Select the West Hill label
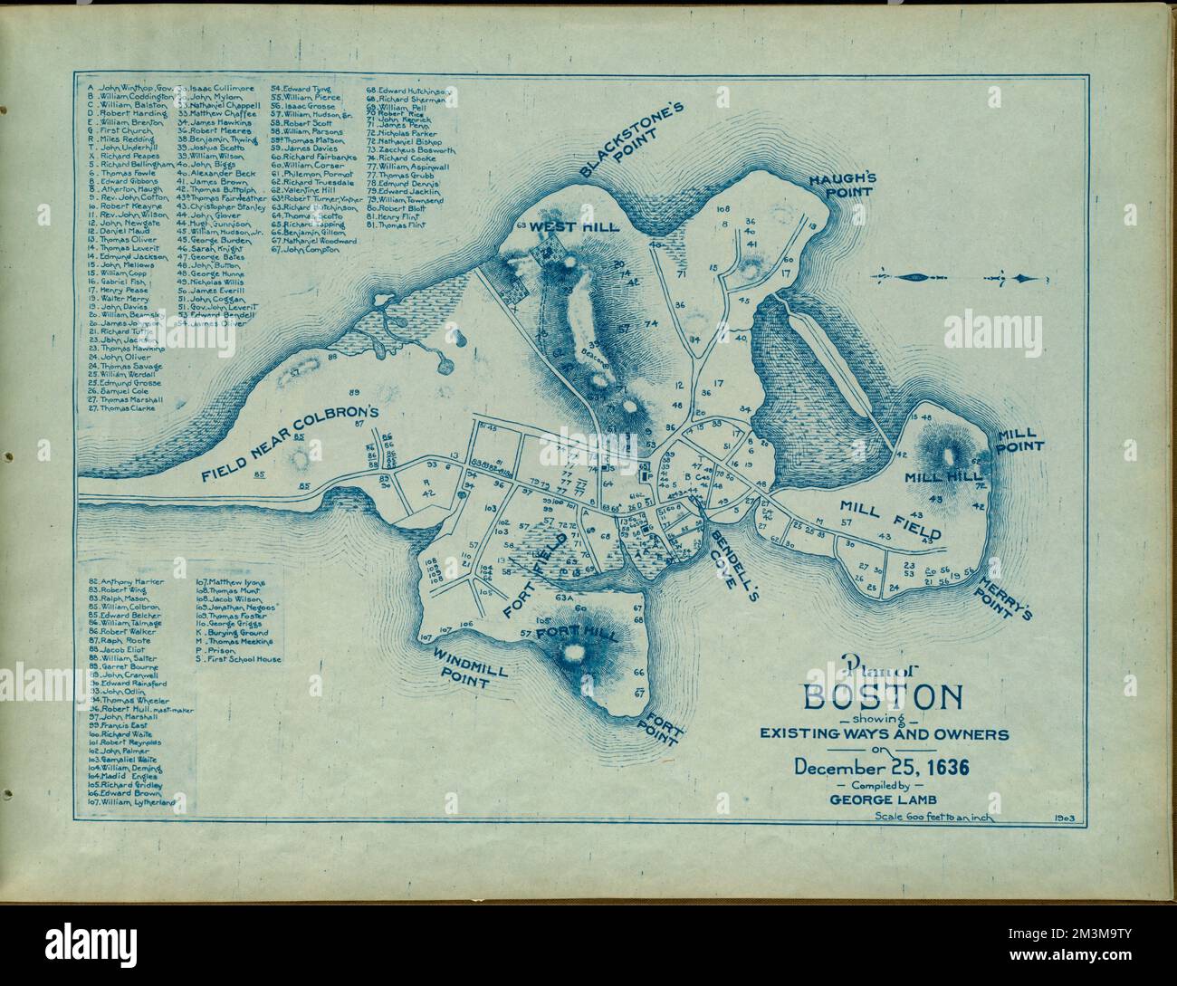pos(588,226)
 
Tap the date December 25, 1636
pos(882,767)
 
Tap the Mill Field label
pos(889,521)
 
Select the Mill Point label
pos(1020,440)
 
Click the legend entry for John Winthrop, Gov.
pos(129,87)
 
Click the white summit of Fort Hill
pos(572,653)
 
